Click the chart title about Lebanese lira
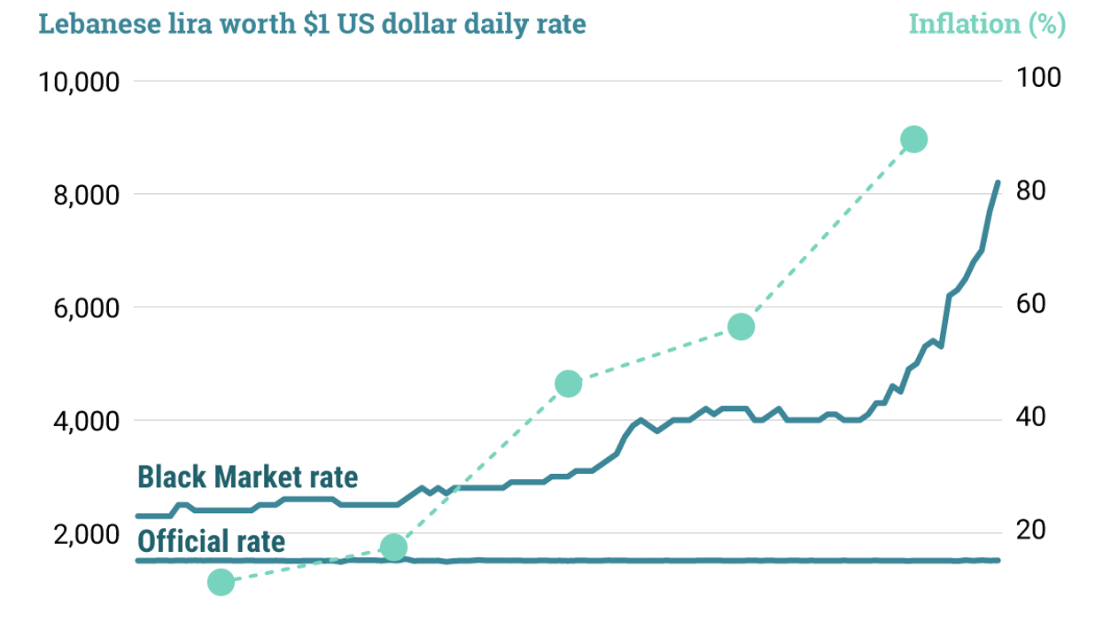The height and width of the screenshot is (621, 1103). [x=312, y=24]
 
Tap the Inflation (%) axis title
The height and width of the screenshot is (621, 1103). [x=987, y=24]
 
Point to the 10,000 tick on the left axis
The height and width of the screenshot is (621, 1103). [x=79, y=82]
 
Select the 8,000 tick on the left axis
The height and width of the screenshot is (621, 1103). [x=82, y=195]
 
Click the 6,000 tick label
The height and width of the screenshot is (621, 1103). [x=82, y=308]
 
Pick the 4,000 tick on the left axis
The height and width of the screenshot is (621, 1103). [x=82, y=421]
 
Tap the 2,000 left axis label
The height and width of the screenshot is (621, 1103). [x=82, y=534]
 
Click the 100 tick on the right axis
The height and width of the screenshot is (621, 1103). [x=1037, y=78]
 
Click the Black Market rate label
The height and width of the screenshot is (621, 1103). [x=247, y=477]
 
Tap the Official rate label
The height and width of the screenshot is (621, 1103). [x=211, y=540]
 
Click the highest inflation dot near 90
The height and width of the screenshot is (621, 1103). [x=913, y=139]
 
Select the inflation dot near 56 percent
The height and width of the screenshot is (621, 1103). [x=741, y=327]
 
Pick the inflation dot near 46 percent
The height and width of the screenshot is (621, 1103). [x=568, y=384]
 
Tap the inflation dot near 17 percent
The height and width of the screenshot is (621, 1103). [x=394, y=547]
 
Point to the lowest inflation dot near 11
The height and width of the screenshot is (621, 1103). [x=221, y=582]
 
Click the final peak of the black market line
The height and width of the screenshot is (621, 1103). [x=998, y=182]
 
